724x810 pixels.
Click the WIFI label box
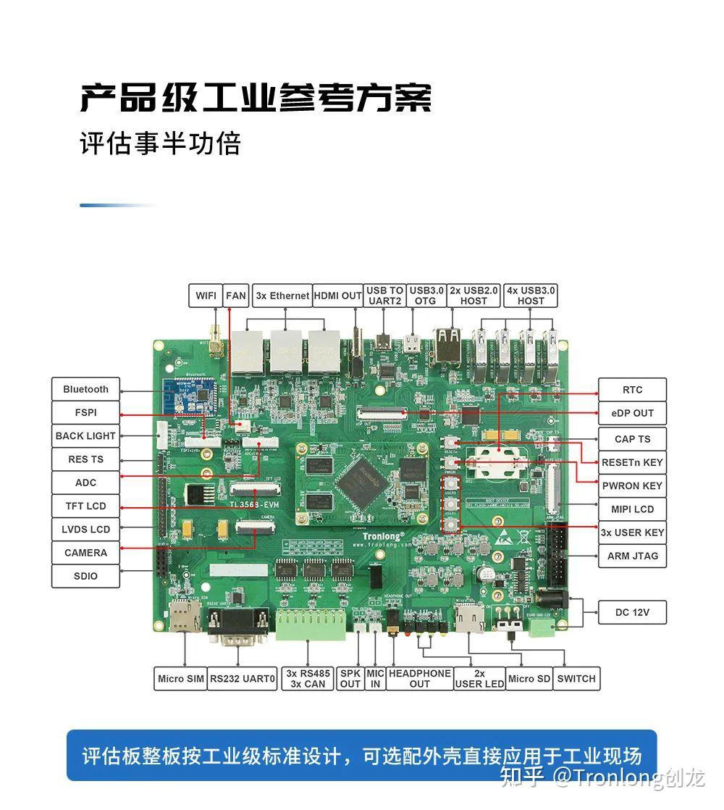[x=206, y=296]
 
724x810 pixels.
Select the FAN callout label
[x=236, y=296]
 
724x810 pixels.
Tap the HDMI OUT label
[x=337, y=296]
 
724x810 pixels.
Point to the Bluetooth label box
[x=85, y=389]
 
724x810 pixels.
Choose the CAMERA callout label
[x=85, y=553]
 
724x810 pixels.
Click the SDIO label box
[x=85, y=576]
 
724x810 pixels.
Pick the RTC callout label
[x=632, y=390]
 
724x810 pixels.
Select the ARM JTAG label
[x=632, y=556]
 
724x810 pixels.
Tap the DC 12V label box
[x=632, y=612]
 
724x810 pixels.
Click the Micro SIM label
[x=180, y=679]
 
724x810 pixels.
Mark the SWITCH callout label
[x=576, y=679]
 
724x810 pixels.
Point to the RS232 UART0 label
[x=243, y=679]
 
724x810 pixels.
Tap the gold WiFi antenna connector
[x=214, y=346]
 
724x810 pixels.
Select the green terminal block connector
[x=311, y=625]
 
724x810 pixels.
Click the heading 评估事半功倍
[x=160, y=143]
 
